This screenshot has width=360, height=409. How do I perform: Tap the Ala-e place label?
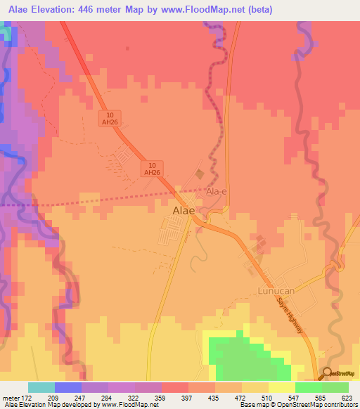[x=216, y=191]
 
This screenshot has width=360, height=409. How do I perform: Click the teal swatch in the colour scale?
[x=41, y=387]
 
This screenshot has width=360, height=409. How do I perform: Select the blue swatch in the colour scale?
[x=67, y=387]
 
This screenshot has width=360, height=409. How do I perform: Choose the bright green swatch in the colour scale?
[x=309, y=387]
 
